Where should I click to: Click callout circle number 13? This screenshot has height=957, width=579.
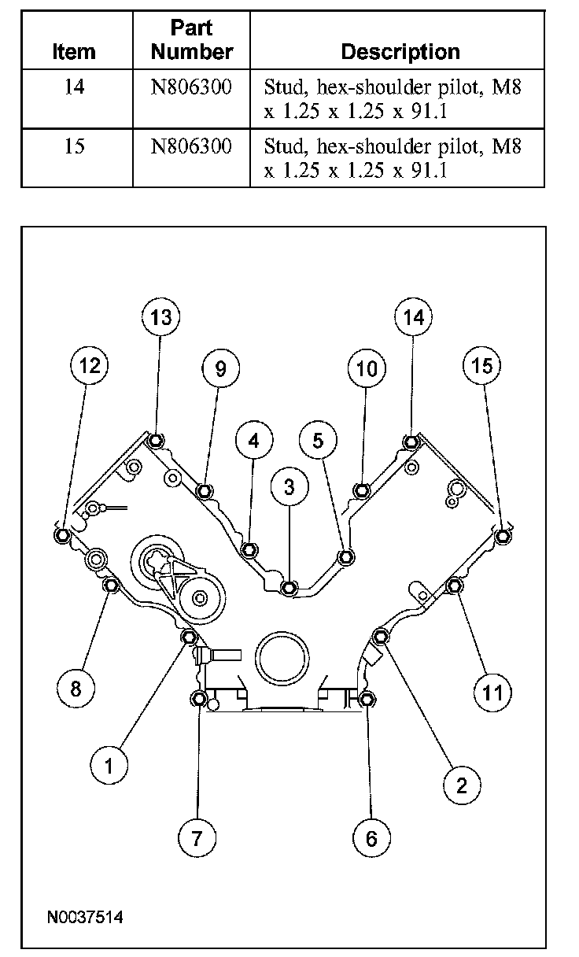pos(160,317)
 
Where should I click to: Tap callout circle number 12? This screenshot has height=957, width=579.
pos(89,366)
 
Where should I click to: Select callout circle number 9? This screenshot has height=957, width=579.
pos(220,368)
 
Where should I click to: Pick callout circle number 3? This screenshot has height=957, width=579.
pos(289,487)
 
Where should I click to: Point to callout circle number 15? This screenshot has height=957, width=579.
pos(482,366)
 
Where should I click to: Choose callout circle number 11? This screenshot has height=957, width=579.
pos(492,692)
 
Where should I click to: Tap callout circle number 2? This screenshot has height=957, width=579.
pos(461,784)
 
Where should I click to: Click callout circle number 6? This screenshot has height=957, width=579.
pos(371,838)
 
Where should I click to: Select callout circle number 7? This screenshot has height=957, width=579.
pos(197,838)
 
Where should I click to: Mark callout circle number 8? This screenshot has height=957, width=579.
pos(76,689)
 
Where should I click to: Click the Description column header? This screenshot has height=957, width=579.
pos(400,52)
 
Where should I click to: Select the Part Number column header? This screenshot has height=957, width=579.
pos(191,41)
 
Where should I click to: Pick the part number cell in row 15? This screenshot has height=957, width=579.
pos(191,146)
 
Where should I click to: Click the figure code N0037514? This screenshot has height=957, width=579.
pos(85,917)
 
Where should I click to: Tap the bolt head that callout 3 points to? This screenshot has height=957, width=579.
pos(289,587)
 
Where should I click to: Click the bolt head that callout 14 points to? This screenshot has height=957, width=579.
pos(411,442)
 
